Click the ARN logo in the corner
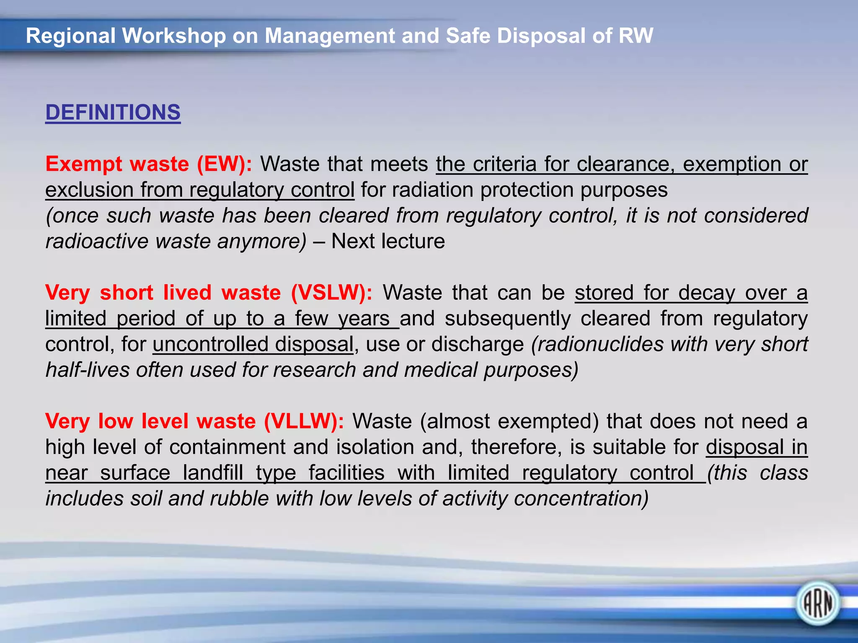coord(817,603)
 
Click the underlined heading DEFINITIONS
coord(113,113)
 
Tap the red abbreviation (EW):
coord(225,164)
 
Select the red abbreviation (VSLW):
coord(331,292)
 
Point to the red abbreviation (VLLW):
coord(304,421)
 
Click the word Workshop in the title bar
coord(174,36)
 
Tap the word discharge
coord(478,344)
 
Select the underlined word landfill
coord(213,473)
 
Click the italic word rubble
coord(239,499)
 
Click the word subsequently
coord(508,319)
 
